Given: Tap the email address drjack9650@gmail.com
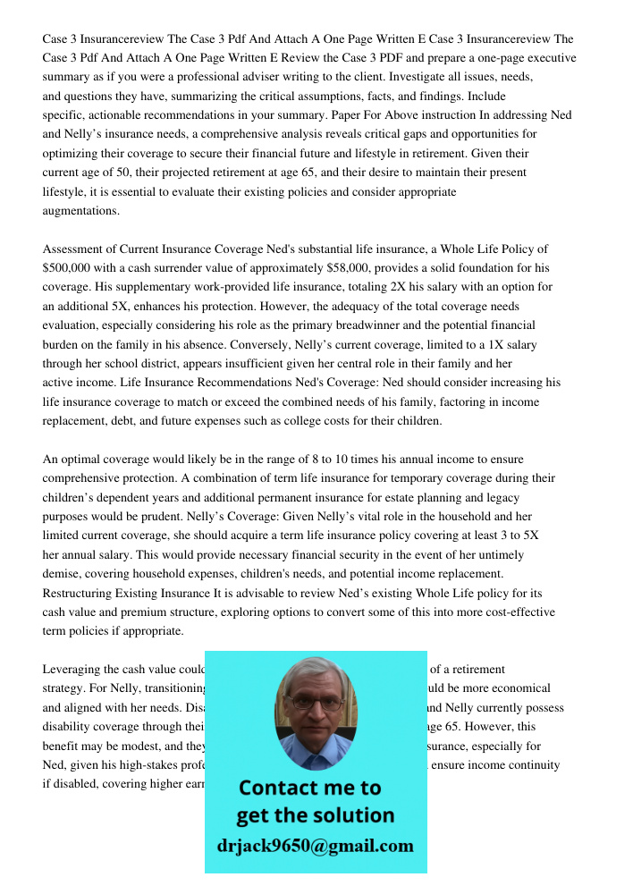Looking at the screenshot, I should click(315, 846).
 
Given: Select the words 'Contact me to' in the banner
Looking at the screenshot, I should click(309, 788).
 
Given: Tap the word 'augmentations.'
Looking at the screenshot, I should click(80, 211).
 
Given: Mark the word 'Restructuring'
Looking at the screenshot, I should click(81, 594).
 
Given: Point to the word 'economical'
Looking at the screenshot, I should click(519, 688).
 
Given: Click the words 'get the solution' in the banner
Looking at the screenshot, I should click(315, 815).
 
